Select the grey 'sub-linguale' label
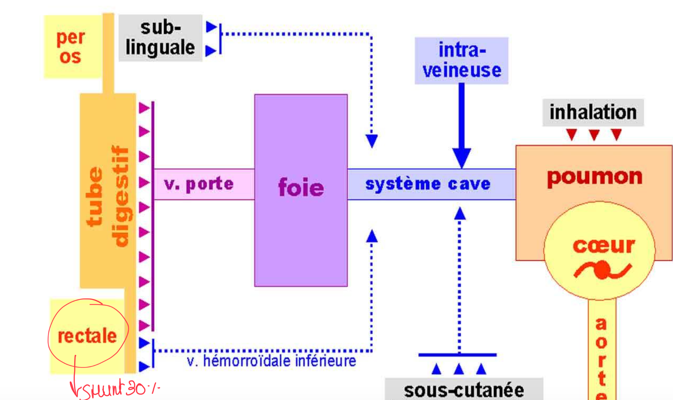click(x=160, y=38)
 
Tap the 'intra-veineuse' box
click(x=461, y=60)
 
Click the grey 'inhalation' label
click(x=593, y=112)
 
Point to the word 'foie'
click(x=301, y=187)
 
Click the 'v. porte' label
click(x=199, y=184)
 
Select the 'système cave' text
click(x=428, y=184)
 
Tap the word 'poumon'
click(x=595, y=177)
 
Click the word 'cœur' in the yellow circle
click(x=604, y=246)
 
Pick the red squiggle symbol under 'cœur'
click(x=602, y=270)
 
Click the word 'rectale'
click(x=87, y=336)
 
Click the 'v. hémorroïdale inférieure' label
click(x=272, y=361)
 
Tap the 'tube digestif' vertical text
click(x=108, y=197)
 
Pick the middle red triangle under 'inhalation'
click(x=594, y=135)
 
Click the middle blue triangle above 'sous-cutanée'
click(x=459, y=369)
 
